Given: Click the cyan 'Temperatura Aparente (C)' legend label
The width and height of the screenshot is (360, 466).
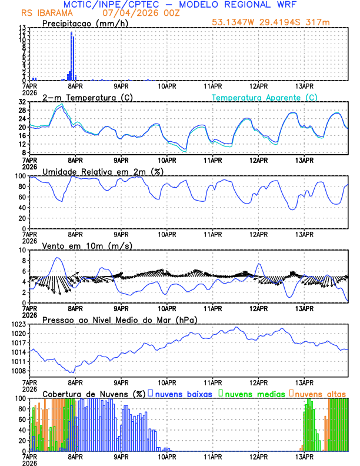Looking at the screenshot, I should pos(264,97).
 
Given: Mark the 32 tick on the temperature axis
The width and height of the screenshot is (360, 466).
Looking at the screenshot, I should pos(22,102).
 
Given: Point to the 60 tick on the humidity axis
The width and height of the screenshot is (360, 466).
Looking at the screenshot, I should pos(22,197).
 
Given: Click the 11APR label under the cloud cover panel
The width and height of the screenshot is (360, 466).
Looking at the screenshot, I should pos(212,456).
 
